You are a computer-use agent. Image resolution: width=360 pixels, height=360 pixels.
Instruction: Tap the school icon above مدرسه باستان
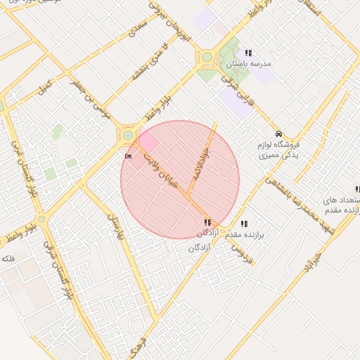pyautogui.click(x=247, y=53)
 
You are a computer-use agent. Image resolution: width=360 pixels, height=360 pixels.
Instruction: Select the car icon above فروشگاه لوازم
pyautogui.click(x=278, y=133)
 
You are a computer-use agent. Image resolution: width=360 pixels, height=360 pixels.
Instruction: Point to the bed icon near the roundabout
pyautogui.click(x=128, y=155)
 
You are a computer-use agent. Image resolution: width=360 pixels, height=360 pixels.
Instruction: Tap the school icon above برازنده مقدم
pyautogui.click(x=244, y=224)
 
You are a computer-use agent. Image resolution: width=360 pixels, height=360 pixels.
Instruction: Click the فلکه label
pyautogui.click(x=8, y=258)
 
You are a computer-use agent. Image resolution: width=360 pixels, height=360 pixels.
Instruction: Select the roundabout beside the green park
pyautogui.click(x=207, y=58)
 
